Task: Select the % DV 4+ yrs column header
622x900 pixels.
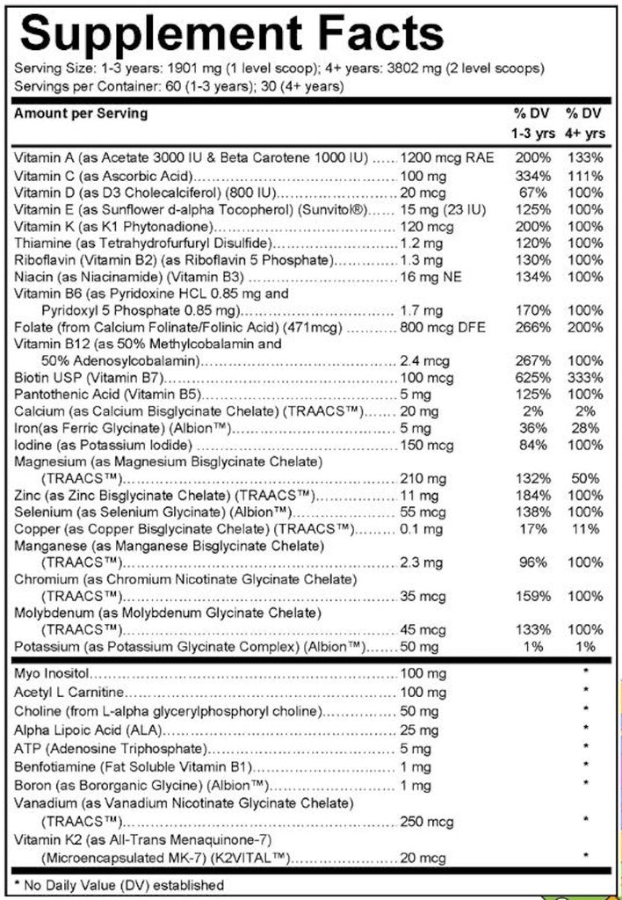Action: coord(585,124)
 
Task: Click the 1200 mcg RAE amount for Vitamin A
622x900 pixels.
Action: coord(446,158)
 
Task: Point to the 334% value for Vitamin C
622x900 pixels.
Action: coord(533,175)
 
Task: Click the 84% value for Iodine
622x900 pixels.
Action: coord(533,446)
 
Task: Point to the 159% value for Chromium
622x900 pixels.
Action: coord(533,596)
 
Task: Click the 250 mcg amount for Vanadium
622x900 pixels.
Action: coord(423,821)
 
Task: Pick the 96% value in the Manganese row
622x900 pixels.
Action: coord(533,562)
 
